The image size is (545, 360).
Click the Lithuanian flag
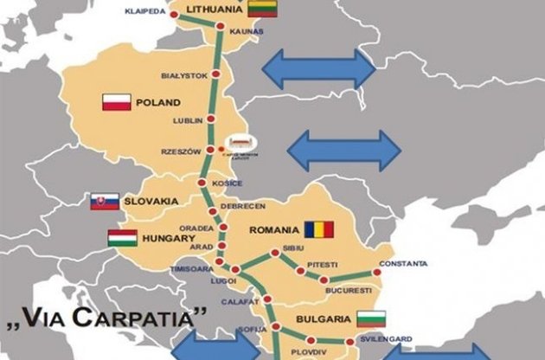[x=260, y=9]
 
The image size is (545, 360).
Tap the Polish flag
[x=116, y=103]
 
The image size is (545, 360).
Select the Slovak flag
[x=105, y=202]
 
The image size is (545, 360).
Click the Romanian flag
[x=317, y=230]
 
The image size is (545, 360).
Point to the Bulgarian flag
[x=370, y=317]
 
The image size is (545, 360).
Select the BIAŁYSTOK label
[x=184, y=75]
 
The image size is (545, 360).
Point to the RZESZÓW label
[x=181, y=151]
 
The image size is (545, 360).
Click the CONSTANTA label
[x=401, y=263]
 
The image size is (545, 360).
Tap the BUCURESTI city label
[x=348, y=290]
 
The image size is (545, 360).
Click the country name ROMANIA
[x=272, y=230]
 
